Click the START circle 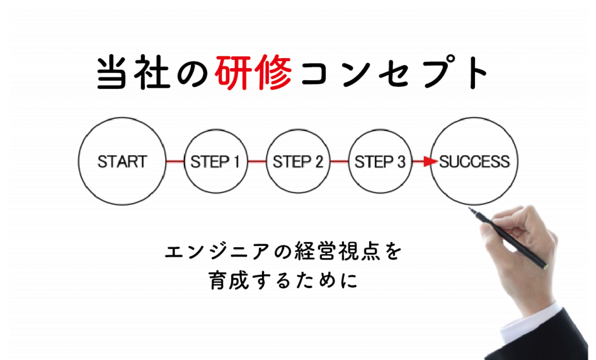[x=122, y=161]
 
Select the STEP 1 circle [x=215, y=161]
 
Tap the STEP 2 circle [x=297, y=161]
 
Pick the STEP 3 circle [x=379, y=161]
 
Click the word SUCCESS [x=474, y=161]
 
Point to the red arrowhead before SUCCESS [x=431, y=161]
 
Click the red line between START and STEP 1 [x=175, y=161]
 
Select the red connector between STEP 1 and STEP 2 [x=257, y=161]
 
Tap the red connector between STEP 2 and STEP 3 [x=339, y=161]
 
